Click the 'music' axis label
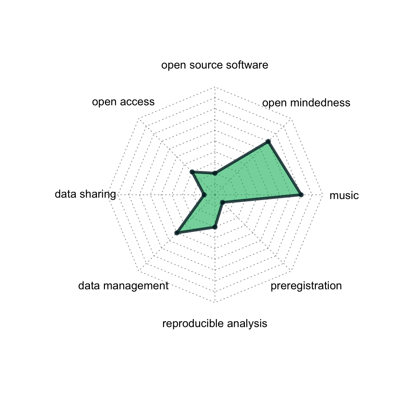click(x=344, y=196)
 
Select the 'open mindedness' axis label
click(x=306, y=103)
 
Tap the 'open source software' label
click(x=214, y=65)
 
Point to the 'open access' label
click(x=123, y=102)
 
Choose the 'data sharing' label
click(x=85, y=194)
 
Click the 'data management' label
click(x=123, y=286)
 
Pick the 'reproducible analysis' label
click(x=214, y=324)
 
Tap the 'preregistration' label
click(x=306, y=286)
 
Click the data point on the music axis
click(x=301, y=195)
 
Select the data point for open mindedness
click(x=268, y=142)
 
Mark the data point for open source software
click(x=215, y=174)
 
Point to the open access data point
click(x=192, y=172)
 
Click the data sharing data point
click(x=204, y=195)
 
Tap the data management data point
click(x=177, y=233)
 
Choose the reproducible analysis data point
click(x=215, y=227)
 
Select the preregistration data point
click(x=222, y=203)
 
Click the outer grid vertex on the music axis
click(x=322, y=195)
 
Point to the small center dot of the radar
click(x=215, y=195)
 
